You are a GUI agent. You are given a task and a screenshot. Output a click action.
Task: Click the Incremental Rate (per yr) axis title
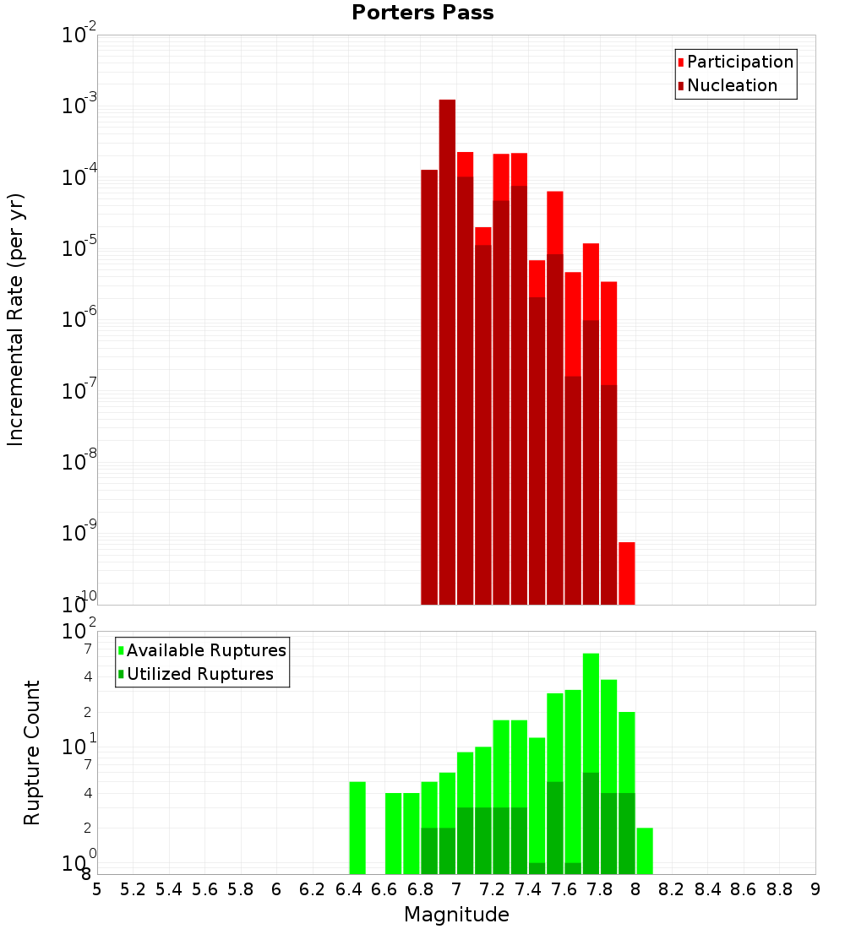15,320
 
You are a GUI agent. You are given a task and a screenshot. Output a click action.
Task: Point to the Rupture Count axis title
32,752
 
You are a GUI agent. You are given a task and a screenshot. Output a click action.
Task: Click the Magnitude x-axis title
456,915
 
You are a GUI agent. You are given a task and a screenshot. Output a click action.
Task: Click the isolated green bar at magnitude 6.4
357,828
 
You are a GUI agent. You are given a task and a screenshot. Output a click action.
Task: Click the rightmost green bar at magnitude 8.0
645,850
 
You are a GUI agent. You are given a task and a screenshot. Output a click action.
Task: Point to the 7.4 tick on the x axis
528,889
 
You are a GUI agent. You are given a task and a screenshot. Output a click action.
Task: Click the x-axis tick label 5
97,889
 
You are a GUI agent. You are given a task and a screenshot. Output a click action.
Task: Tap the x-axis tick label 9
815,889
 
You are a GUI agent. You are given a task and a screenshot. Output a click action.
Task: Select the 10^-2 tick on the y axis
79,35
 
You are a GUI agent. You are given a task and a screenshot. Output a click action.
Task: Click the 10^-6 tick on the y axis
79,320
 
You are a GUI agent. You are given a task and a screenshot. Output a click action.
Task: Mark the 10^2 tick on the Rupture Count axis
79,632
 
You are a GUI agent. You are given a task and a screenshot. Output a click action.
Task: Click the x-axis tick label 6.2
313,889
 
